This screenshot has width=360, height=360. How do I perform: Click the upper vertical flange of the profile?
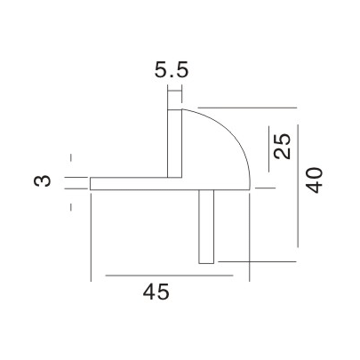175,142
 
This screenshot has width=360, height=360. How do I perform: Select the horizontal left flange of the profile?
129,182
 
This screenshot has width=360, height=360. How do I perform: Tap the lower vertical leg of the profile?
207,226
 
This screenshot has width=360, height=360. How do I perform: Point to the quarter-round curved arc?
236,133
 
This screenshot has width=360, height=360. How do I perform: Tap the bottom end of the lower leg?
207,262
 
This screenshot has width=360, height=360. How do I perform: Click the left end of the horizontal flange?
91,182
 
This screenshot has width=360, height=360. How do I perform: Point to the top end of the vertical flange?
175,109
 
